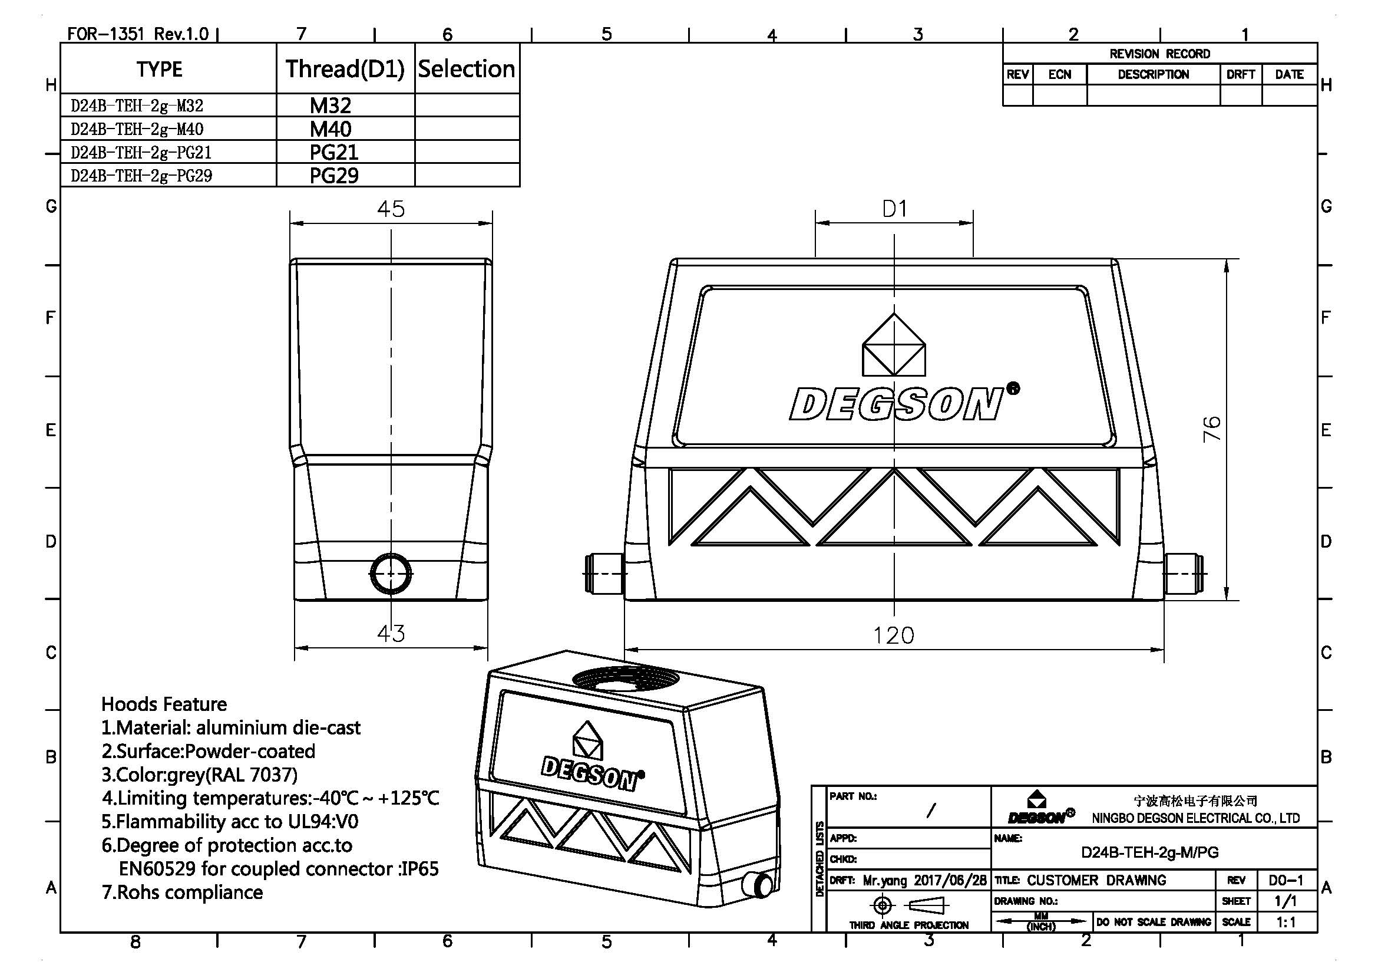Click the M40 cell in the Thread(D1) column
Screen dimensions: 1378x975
330,129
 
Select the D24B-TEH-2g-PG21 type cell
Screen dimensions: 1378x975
141,153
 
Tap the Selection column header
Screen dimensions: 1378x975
467,69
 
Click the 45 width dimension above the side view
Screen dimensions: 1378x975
391,209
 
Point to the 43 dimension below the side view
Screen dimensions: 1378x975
391,633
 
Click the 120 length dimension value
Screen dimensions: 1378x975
893,635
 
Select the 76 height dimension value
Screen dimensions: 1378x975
1212,428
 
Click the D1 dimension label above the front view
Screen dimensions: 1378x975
894,209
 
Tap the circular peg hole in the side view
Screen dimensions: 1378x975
391,574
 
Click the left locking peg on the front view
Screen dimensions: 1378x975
605,574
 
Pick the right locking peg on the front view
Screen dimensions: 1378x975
1184,574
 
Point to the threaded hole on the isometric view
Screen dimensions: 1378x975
626,679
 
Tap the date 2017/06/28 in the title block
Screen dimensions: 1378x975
950,881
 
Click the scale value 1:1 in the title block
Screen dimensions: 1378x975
1286,922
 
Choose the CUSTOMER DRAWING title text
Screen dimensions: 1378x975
1096,880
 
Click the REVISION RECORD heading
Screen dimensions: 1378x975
1159,54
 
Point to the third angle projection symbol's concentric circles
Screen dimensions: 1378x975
883,905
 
